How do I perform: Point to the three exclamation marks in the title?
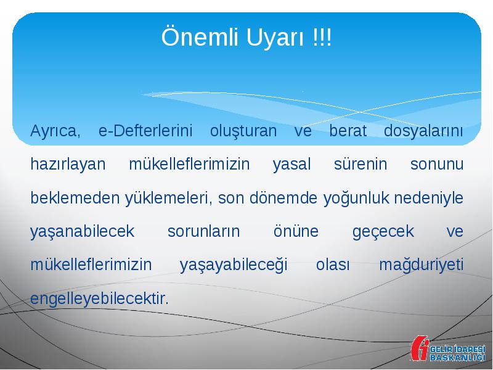click(x=322, y=38)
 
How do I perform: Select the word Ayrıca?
click(x=55, y=131)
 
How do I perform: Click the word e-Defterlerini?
click(x=145, y=131)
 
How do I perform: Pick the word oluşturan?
click(x=243, y=131)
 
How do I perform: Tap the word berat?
click(x=348, y=131)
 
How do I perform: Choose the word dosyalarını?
click(x=423, y=131)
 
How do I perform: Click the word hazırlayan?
click(x=68, y=165)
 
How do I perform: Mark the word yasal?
click(x=291, y=165)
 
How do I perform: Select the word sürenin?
click(x=361, y=163)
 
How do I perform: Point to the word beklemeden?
click(x=75, y=197)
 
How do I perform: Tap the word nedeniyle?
click(x=428, y=199)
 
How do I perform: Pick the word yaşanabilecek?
click(x=83, y=232)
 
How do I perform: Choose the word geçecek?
click(x=383, y=232)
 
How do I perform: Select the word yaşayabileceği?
click(x=234, y=265)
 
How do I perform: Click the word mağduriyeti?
click(x=422, y=265)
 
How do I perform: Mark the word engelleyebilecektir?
click(x=100, y=299)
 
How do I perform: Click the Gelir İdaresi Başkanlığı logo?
click(x=448, y=348)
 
